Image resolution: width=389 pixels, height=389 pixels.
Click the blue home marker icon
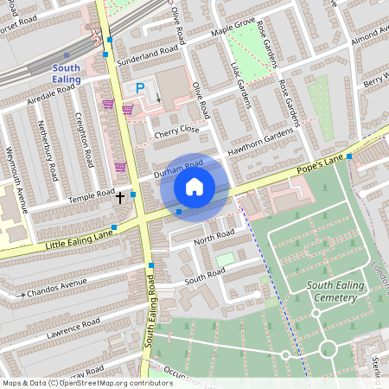[194, 187]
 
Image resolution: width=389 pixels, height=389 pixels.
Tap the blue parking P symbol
[139, 88]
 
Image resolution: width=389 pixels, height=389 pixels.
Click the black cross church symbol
[119, 197]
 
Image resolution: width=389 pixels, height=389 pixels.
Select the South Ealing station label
[67, 73]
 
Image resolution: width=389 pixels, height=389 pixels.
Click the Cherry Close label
[176, 131]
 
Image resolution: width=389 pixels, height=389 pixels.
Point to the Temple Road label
[92, 196]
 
